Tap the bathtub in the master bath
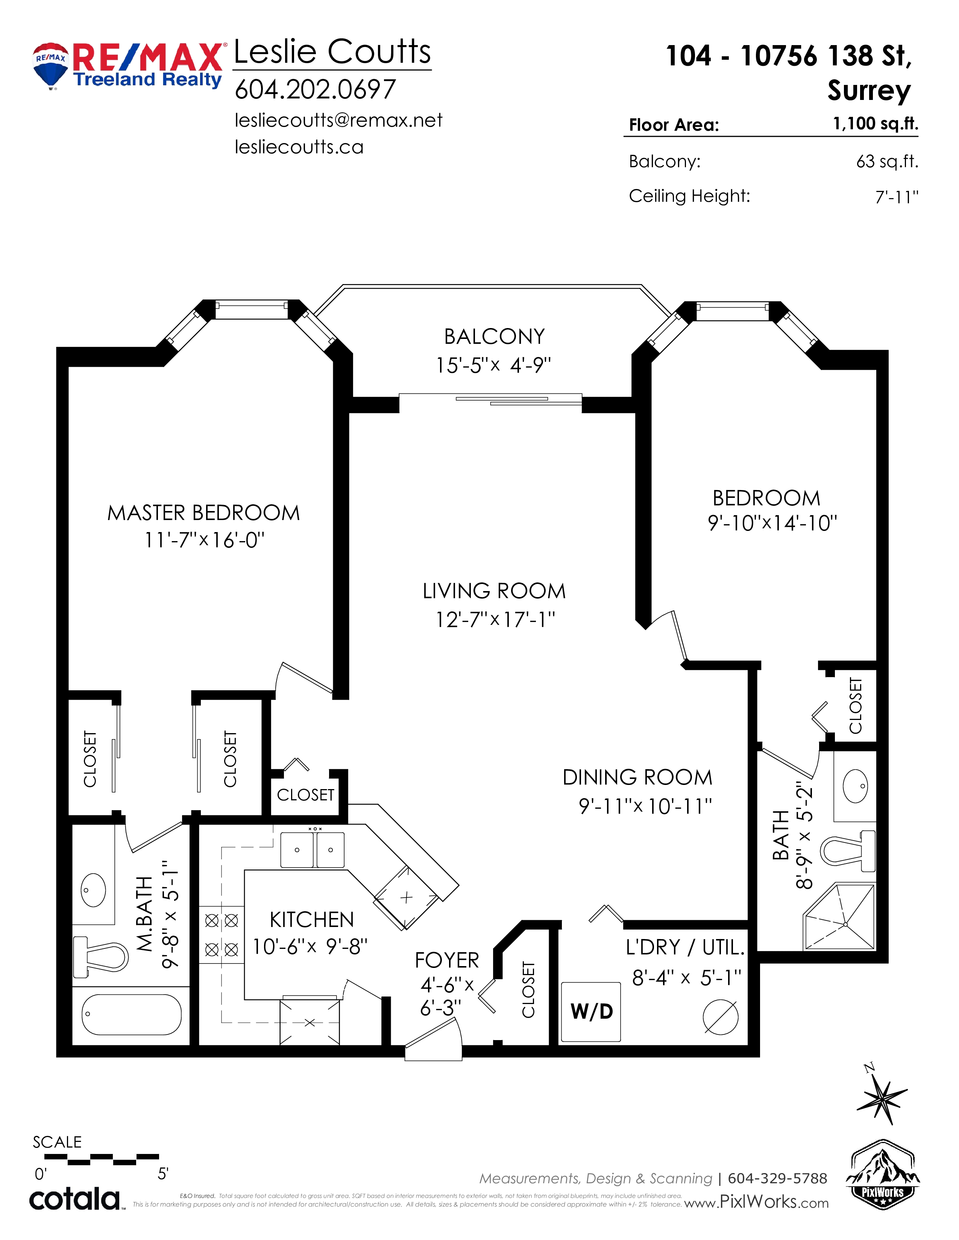pos(131,1014)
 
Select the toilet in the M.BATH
pos(100,957)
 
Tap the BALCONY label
pos(494,337)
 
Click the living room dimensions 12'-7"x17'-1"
pos(495,619)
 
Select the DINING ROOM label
pos(637,777)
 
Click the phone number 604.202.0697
pos(315,89)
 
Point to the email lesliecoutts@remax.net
pos(338,120)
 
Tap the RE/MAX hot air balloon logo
pos(50,66)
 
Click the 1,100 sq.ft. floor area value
pos(876,124)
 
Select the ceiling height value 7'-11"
pos(897,197)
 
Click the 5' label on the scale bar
pos(163,1173)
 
